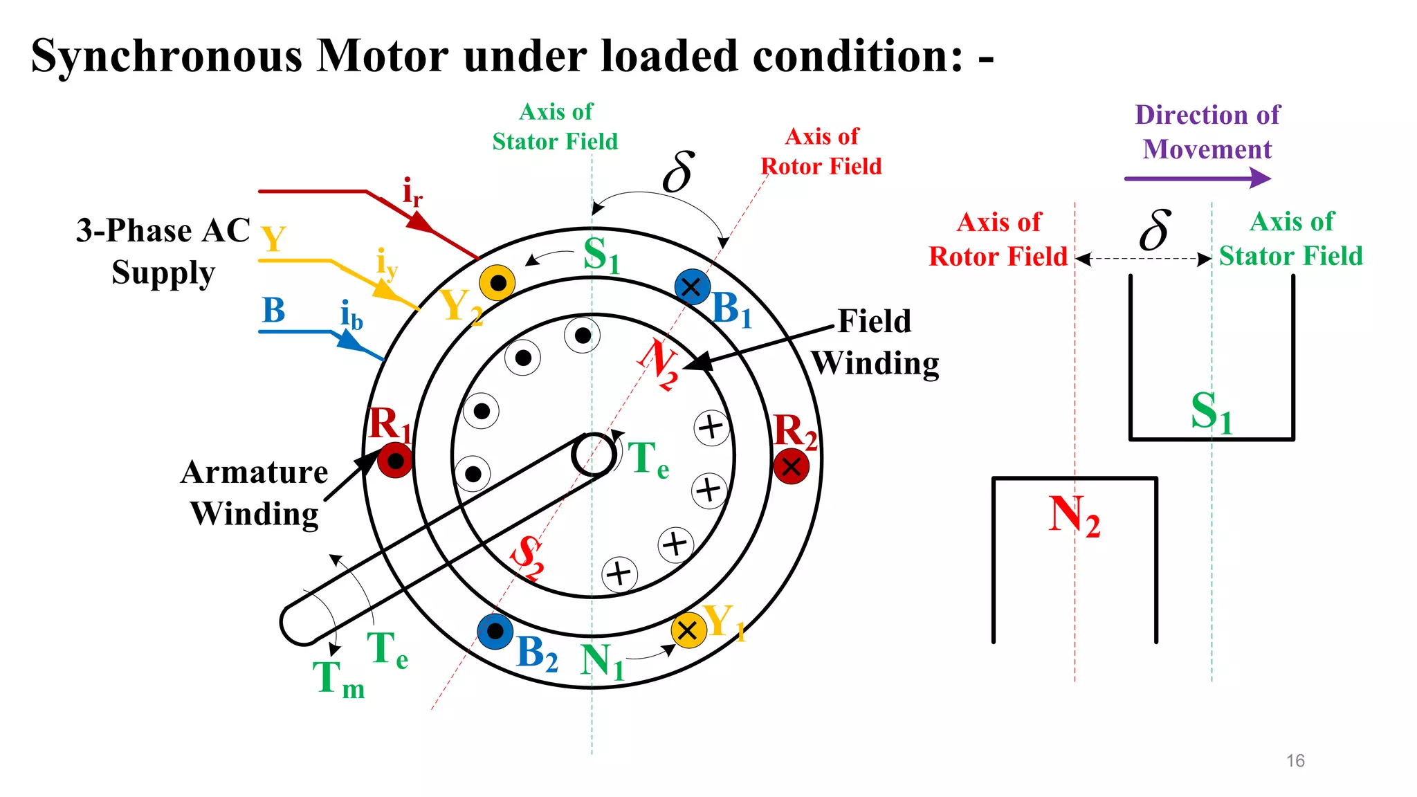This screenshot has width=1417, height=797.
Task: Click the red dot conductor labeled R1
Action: click(x=395, y=461)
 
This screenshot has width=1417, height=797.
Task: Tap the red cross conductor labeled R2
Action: click(x=792, y=466)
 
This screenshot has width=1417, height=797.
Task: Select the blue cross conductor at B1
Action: click(x=691, y=287)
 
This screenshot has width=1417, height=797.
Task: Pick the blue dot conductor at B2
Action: click(x=495, y=631)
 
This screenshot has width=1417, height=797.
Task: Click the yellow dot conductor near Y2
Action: click(x=497, y=283)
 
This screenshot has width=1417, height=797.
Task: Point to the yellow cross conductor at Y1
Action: click(x=688, y=630)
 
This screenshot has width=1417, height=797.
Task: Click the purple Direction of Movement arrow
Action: click(x=1198, y=178)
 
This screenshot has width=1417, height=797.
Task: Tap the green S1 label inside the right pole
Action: click(x=1211, y=412)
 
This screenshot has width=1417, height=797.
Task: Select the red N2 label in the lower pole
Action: click(x=1073, y=516)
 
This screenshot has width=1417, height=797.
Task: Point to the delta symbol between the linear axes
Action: click(x=1155, y=230)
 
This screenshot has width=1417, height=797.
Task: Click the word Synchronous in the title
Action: click(x=167, y=56)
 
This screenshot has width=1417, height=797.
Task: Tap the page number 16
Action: click(x=1295, y=760)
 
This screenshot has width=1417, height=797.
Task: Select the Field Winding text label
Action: click(x=875, y=342)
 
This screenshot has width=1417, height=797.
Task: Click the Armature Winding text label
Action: click(x=254, y=493)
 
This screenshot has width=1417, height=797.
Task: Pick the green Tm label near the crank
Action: click(x=338, y=679)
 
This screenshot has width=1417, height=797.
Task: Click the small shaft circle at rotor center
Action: click(x=594, y=455)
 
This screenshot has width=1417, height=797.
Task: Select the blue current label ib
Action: click(x=351, y=315)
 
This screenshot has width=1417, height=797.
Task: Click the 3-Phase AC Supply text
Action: click(x=163, y=251)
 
